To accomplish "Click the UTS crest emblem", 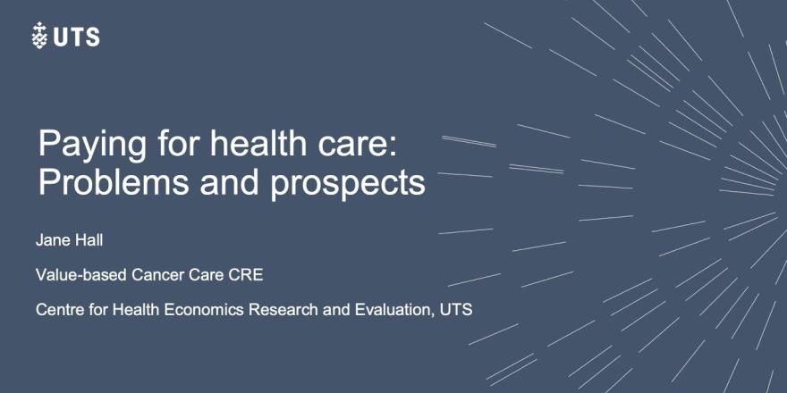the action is [x=39, y=36].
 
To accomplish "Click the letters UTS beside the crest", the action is [x=76, y=38].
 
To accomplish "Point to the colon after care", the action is [x=393, y=146].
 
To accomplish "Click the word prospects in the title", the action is [x=348, y=186].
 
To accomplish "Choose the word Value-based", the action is [x=80, y=275].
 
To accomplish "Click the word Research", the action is [x=283, y=310].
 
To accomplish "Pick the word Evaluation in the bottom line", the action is [x=395, y=310].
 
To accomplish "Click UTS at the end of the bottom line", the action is [x=456, y=310].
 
